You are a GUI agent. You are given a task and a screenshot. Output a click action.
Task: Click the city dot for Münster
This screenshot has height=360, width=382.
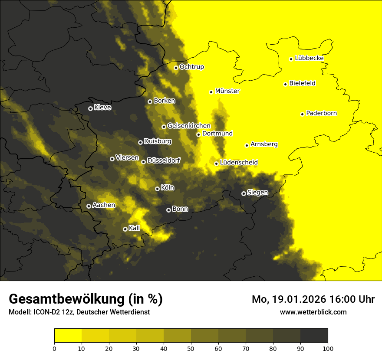(211, 92)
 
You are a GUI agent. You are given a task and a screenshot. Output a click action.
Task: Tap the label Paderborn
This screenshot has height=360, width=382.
(322, 113)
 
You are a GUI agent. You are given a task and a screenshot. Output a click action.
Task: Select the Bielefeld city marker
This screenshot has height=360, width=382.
(286, 84)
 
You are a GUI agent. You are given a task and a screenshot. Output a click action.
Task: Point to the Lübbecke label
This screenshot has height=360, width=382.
(309, 58)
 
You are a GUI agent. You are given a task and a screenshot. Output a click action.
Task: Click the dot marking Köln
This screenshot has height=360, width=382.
(157, 189)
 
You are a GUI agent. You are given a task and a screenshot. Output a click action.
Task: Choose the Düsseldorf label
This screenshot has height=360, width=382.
(164, 160)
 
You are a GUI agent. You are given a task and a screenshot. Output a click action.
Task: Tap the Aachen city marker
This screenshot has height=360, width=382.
(89, 206)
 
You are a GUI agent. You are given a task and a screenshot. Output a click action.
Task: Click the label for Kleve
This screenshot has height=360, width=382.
(102, 108)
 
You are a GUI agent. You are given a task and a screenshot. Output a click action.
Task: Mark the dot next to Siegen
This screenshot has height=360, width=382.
(244, 193)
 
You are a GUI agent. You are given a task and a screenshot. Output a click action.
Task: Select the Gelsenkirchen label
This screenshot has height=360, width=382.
(189, 126)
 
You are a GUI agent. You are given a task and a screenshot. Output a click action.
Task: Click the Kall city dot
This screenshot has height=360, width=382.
(125, 229)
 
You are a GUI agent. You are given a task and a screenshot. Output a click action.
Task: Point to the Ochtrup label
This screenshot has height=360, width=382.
(191, 67)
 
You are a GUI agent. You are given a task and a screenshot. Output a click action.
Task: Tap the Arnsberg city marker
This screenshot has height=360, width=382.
(247, 145)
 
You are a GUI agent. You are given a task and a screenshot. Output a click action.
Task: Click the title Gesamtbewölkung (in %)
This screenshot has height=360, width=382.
(86, 299)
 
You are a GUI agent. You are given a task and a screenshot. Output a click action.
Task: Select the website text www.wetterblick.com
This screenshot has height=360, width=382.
(313, 312)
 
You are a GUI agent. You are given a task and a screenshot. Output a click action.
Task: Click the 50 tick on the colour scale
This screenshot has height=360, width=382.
(191, 348)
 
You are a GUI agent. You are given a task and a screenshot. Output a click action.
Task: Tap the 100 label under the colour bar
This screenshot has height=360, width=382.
(327, 348)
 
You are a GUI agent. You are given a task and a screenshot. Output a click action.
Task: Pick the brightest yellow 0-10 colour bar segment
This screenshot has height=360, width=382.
(68, 336)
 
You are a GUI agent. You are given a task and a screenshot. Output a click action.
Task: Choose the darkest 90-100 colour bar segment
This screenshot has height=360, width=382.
(314, 336)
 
